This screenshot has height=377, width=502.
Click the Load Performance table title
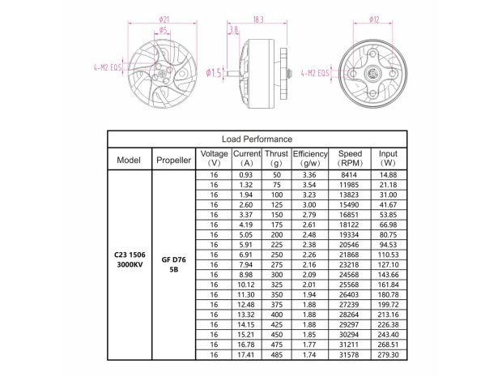click(x=257, y=139)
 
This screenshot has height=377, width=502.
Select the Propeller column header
click(x=173, y=160)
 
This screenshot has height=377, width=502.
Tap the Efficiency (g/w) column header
click(x=309, y=159)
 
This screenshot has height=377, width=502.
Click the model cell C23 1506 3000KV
click(x=130, y=264)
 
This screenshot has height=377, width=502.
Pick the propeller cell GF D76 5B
click(x=173, y=264)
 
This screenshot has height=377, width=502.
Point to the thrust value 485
click(x=277, y=354)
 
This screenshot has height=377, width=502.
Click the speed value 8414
click(x=350, y=175)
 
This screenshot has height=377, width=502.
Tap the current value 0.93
click(x=246, y=175)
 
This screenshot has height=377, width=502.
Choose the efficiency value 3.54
click(x=309, y=185)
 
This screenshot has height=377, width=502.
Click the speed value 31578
click(x=350, y=354)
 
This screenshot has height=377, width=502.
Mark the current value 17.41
click(x=246, y=354)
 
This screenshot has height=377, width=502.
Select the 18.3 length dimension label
click(x=259, y=19)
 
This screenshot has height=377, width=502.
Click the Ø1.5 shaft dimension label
click(x=214, y=74)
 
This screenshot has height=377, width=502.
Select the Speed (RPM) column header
click(x=350, y=159)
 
